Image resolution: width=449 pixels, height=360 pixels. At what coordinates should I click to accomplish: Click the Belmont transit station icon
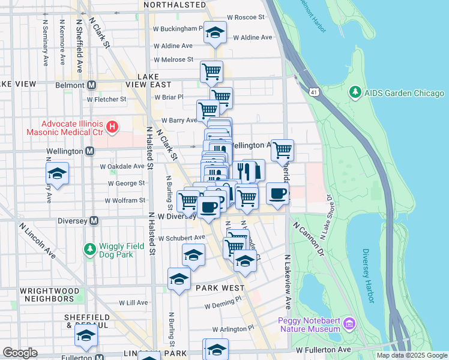(x=92, y=85)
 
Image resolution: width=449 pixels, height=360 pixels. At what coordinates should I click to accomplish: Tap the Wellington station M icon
(x=89, y=151)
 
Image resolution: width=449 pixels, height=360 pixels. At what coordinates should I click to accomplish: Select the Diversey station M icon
(x=94, y=220)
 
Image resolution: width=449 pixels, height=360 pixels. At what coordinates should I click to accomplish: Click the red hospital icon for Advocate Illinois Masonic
(x=111, y=127)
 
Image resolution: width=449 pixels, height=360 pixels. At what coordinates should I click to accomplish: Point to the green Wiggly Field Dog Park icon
(x=89, y=248)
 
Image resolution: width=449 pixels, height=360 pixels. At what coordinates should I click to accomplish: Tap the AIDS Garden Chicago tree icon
(x=355, y=93)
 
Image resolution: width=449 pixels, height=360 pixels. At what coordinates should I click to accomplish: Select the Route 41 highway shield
(x=314, y=91)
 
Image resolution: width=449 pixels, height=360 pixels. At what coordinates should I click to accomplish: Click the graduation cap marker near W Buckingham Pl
(x=214, y=33)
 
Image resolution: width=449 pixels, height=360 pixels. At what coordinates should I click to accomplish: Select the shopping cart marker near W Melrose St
(x=211, y=71)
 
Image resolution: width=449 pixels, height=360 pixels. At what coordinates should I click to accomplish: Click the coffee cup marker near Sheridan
(x=277, y=194)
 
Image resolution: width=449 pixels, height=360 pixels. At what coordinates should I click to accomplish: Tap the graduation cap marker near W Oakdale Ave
(x=57, y=173)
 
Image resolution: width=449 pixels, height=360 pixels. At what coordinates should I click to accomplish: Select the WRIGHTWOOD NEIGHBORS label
(x=47, y=294)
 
